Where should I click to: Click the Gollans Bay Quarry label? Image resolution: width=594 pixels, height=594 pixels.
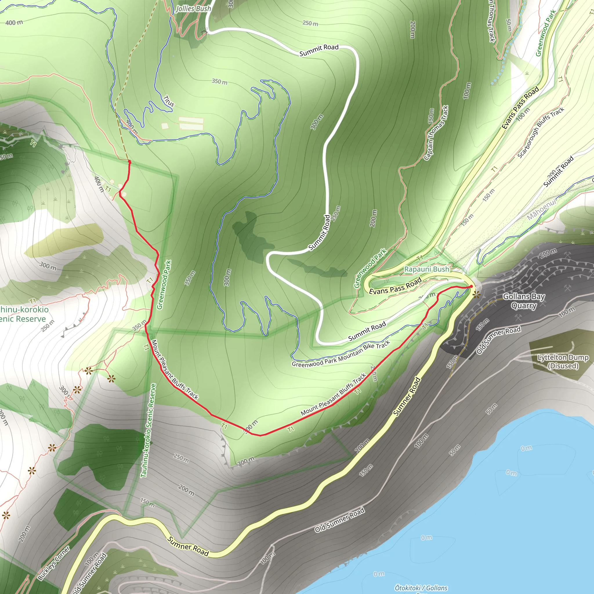click(524, 301)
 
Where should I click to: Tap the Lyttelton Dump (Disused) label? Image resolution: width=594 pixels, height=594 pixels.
click(563, 362)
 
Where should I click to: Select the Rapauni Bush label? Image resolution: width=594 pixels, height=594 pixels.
click(426, 269)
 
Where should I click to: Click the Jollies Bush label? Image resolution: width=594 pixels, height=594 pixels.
click(193, 9)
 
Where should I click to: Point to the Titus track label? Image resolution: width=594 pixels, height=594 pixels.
click(169, 101)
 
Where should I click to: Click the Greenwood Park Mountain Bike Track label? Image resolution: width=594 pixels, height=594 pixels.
click(341, 354)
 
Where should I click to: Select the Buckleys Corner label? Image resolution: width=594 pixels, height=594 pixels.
click(54, 563)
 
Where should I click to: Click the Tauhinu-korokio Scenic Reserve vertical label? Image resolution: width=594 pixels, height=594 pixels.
click(148, 430)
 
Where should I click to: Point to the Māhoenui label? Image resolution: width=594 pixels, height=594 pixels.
click(542, 209)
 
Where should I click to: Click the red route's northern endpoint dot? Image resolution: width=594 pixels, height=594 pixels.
click(129, 162)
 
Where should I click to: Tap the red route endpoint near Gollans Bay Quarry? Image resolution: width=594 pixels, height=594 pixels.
click(471, 287)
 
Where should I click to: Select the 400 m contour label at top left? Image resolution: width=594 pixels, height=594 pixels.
click(14, 22)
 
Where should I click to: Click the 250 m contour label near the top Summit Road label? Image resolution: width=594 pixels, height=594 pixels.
click(310, 23)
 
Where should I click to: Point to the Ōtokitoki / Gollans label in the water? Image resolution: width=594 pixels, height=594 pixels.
click(421, 588)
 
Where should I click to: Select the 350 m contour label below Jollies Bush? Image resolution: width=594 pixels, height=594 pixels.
click(220, 82)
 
